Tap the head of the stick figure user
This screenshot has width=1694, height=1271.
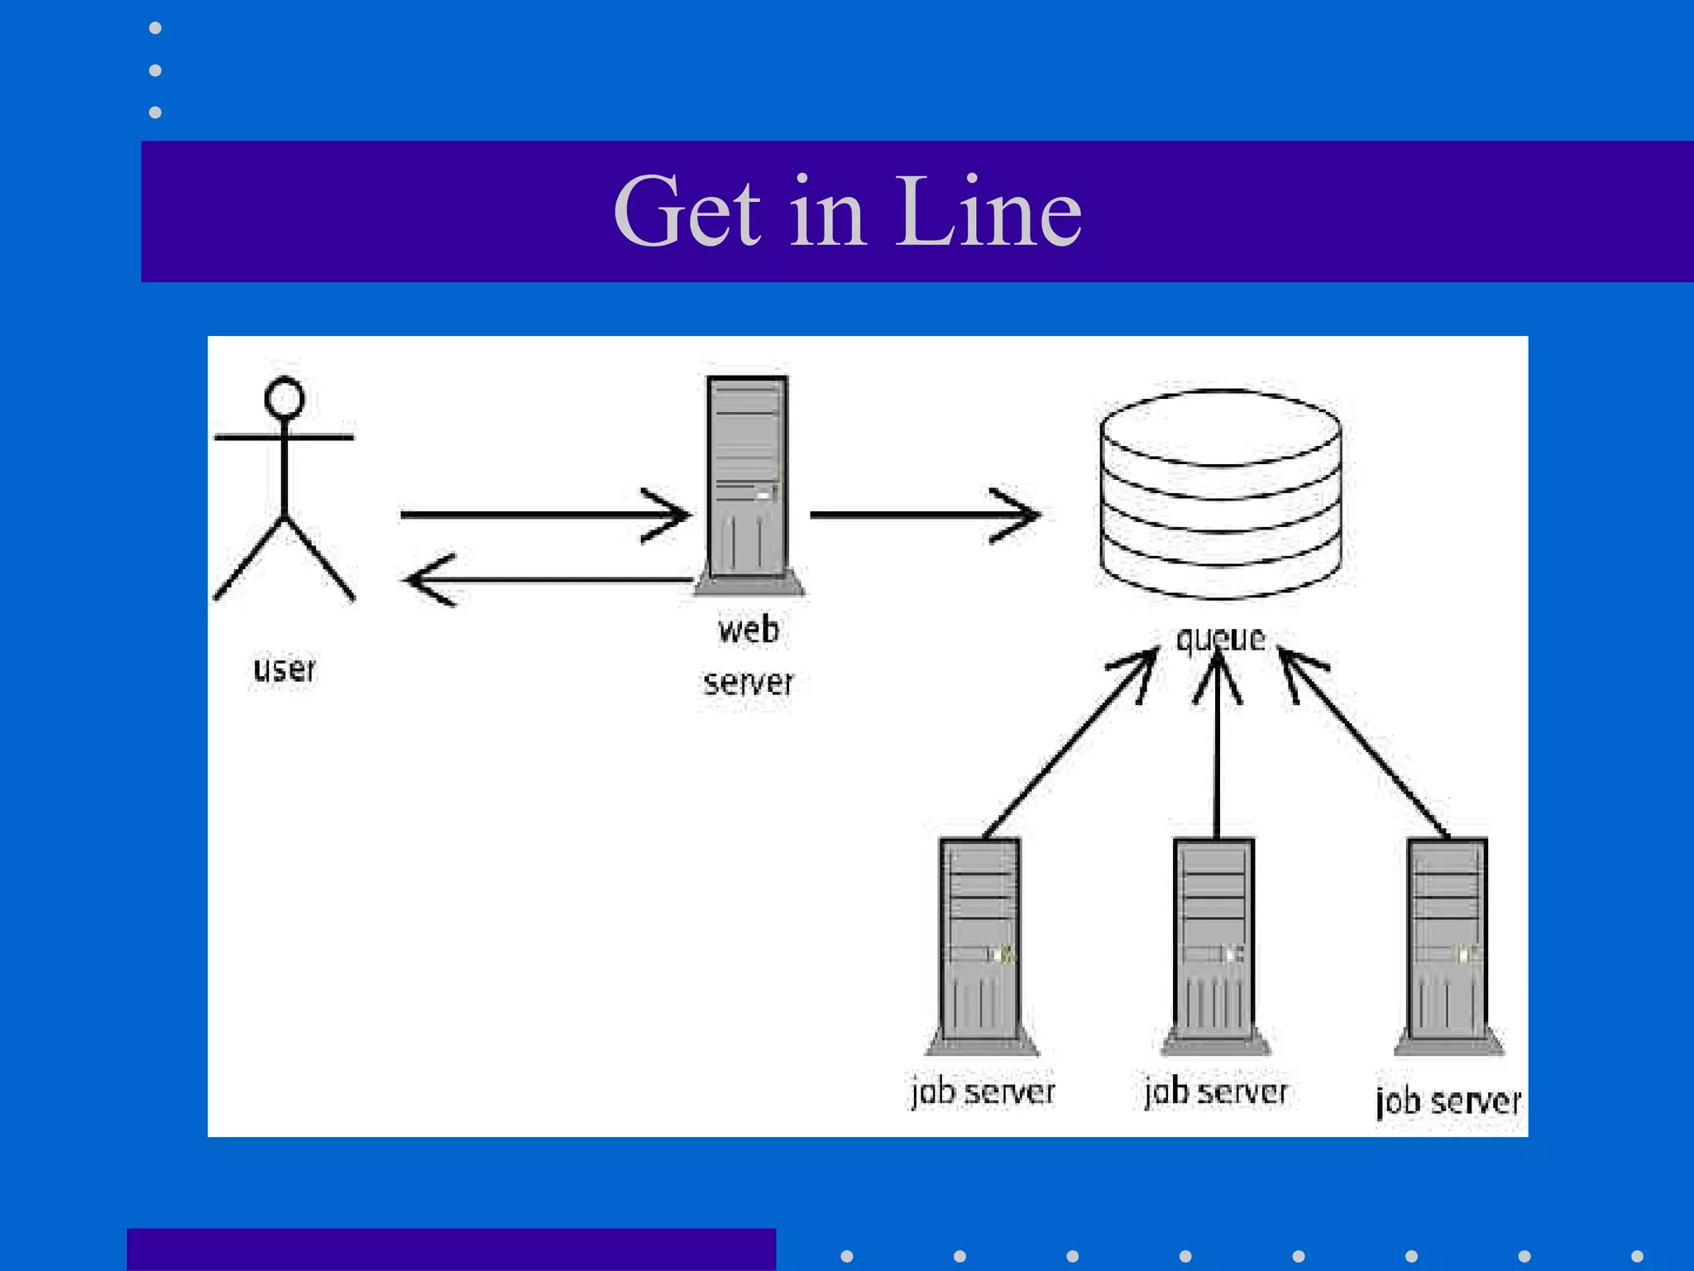point(284,399)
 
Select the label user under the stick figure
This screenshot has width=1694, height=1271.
point(284,669)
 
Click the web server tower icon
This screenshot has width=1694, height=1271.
point(748,480)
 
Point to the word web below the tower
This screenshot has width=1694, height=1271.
point(748,630)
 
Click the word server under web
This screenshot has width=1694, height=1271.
point(748,683)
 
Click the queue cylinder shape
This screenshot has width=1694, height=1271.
point(1220,494)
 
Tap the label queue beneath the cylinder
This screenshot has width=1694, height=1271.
point(1220,639)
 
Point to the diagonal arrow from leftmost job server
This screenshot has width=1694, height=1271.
point(1067,745)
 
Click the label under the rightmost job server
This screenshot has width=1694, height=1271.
point(1448,1101)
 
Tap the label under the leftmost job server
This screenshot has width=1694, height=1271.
point(983,1092)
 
